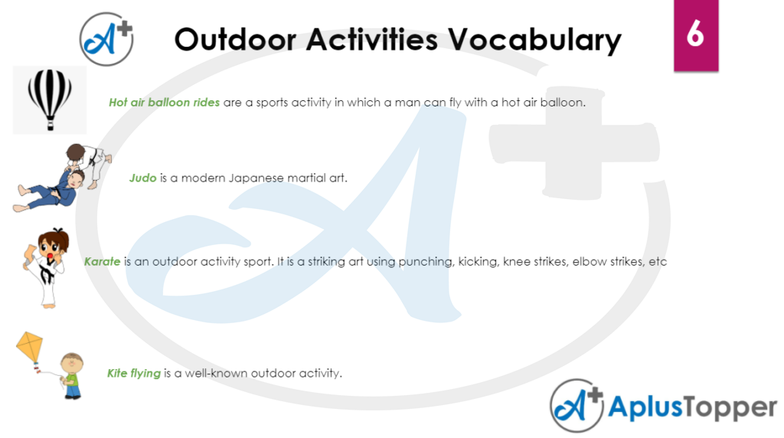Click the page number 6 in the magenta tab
click(x=695, y=34)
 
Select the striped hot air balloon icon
click(x=50, y=99)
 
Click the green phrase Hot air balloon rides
click(x=164, y=103)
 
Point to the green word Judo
click(x=143, y=178)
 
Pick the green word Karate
click(x=103, y=262)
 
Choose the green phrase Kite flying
click(x=134, y=374)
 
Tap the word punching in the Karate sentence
click(x=426, y=262)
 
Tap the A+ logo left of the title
click(x=107, y=38)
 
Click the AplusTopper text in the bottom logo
click(x=692, y=408)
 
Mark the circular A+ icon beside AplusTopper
click(x=576, y=407)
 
